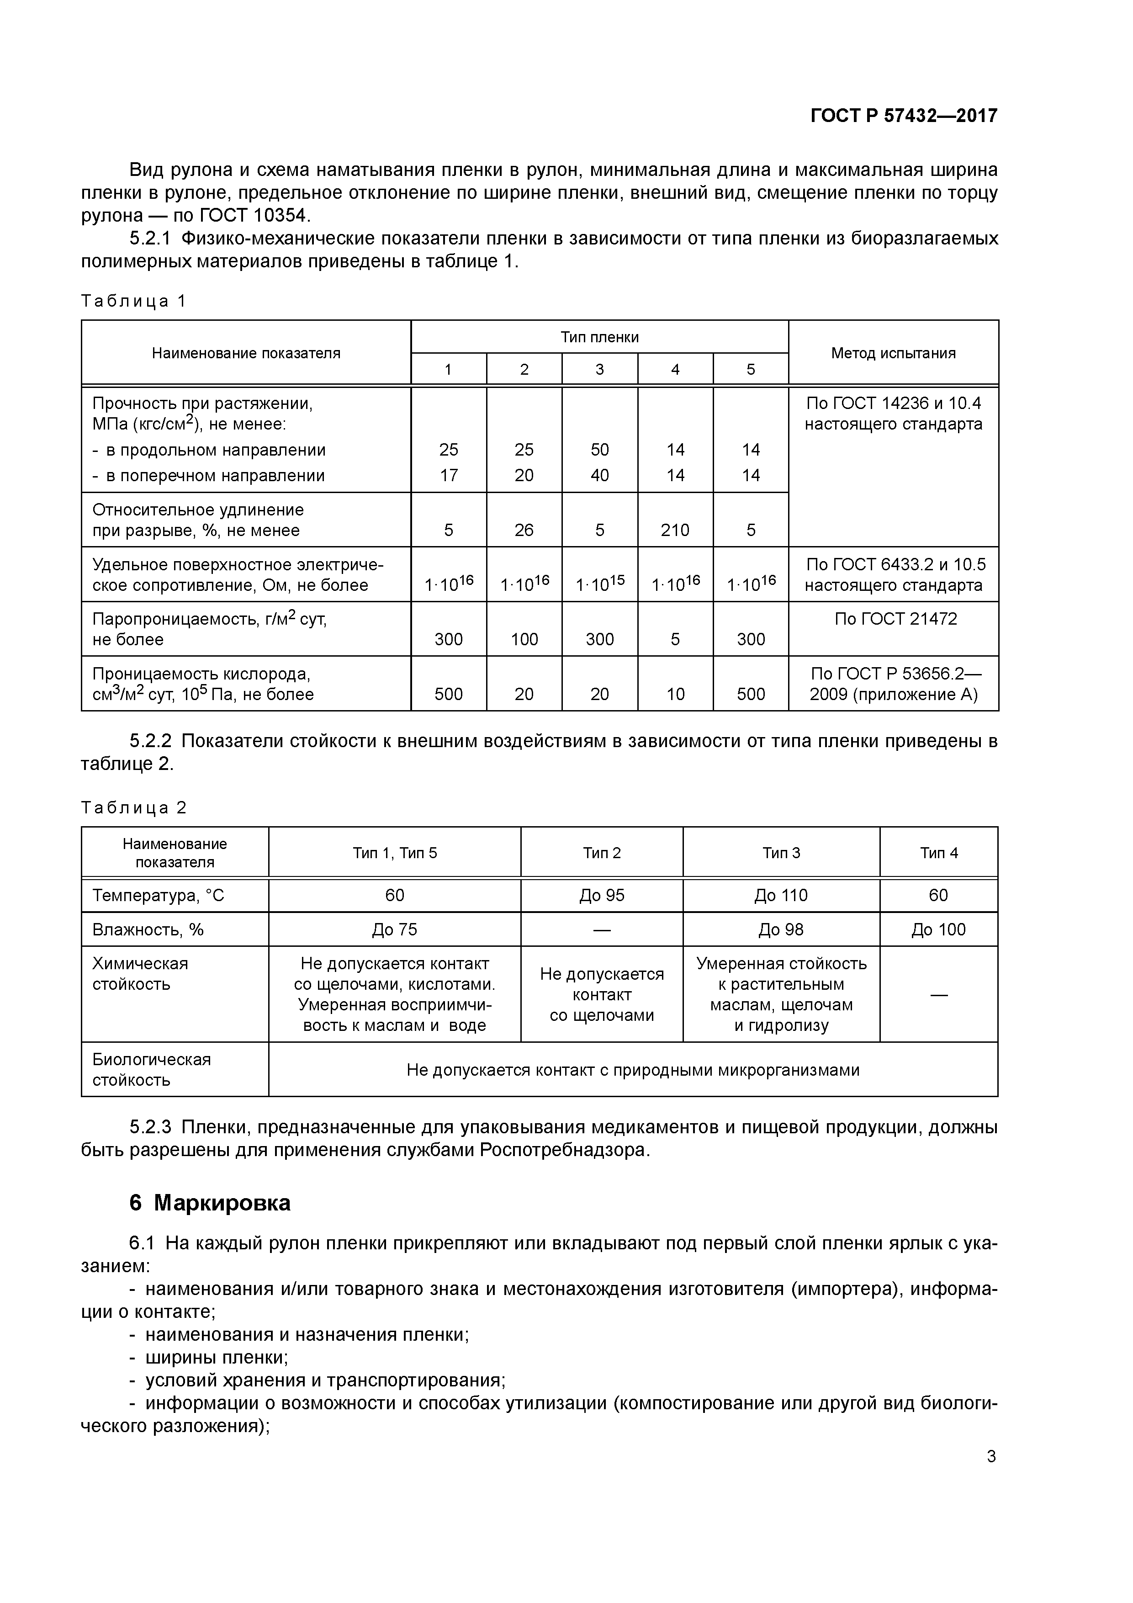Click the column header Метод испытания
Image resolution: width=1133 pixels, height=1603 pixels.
tap(893, 353)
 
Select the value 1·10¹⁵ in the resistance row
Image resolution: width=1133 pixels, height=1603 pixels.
tap(600, 584)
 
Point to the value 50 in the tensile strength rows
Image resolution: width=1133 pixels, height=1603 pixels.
tap(600, 450)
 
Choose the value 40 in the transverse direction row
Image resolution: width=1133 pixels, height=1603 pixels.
tap(600, 475)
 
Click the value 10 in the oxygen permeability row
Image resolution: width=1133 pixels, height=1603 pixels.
tap(675, 694)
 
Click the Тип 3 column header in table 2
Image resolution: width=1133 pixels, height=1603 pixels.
tap(781, 853)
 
